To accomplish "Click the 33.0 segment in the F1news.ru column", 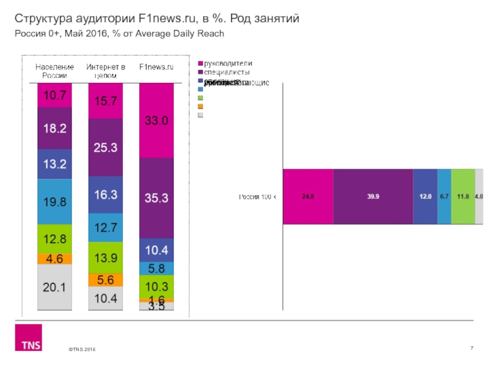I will (156, 121).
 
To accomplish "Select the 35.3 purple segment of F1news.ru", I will (156, 198).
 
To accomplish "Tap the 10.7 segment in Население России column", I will (54, 95).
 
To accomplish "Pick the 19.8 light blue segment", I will (54, 202).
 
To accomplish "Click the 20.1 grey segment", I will (54, 287).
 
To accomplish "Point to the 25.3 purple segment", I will (106, 147).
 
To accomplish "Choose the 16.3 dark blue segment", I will (106, 195).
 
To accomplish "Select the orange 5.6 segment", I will (106, 280).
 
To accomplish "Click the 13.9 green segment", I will (106, 258).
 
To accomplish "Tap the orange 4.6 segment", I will (54, 259).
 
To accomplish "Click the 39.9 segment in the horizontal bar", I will (373, 196).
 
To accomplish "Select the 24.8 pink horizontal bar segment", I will (308, 196).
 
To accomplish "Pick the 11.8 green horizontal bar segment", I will (463, 196).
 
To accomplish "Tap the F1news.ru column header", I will (156, 66).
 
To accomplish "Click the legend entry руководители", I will (227, 63).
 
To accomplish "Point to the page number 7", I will (472, 348).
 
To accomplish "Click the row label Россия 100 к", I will (257, 196).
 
